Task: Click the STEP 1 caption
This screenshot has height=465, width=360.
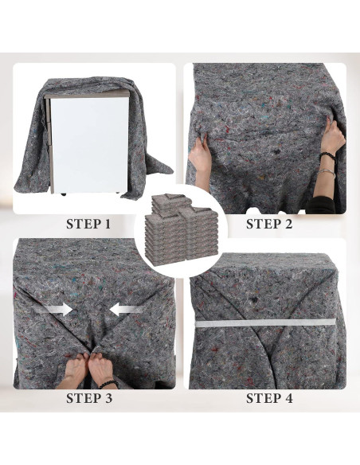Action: pyautogui.click(x=88, y=224)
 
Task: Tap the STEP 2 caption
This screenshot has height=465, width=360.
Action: pyautogui.click(x=269, y=224)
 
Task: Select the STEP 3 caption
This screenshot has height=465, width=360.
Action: pyautogui.click(x=89, y=398)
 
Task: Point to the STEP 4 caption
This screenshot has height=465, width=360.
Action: pyautogui.click(x=269, y=398)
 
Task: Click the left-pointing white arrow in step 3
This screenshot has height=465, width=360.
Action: pyautogui.click(x=126, y=310)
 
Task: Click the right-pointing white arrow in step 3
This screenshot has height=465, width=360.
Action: pyautogui.click(x=57, y=310)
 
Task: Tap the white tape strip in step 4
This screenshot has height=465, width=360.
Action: pyautogui.click(x=265, y=322)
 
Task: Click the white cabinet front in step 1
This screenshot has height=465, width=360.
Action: pyautogui.click(x=89, y=144)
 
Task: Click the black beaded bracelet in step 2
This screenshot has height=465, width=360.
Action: pyautogui.click(x=327, y=156)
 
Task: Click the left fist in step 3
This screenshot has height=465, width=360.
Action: pyautogui.click(x=76, y=365)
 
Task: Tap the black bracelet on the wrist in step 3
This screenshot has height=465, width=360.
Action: pyautogui.click(x=108, y=384)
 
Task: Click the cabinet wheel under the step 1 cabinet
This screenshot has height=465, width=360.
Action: pyautogui.click(x=63, y=194)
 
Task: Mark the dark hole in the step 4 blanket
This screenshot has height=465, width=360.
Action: pyautogui.click(x=254, y=300)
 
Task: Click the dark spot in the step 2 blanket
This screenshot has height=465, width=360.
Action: pyautogui.click(x=277, y=152)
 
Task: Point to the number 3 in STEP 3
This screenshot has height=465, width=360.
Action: pyautogui.click(x=108, y=398)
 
